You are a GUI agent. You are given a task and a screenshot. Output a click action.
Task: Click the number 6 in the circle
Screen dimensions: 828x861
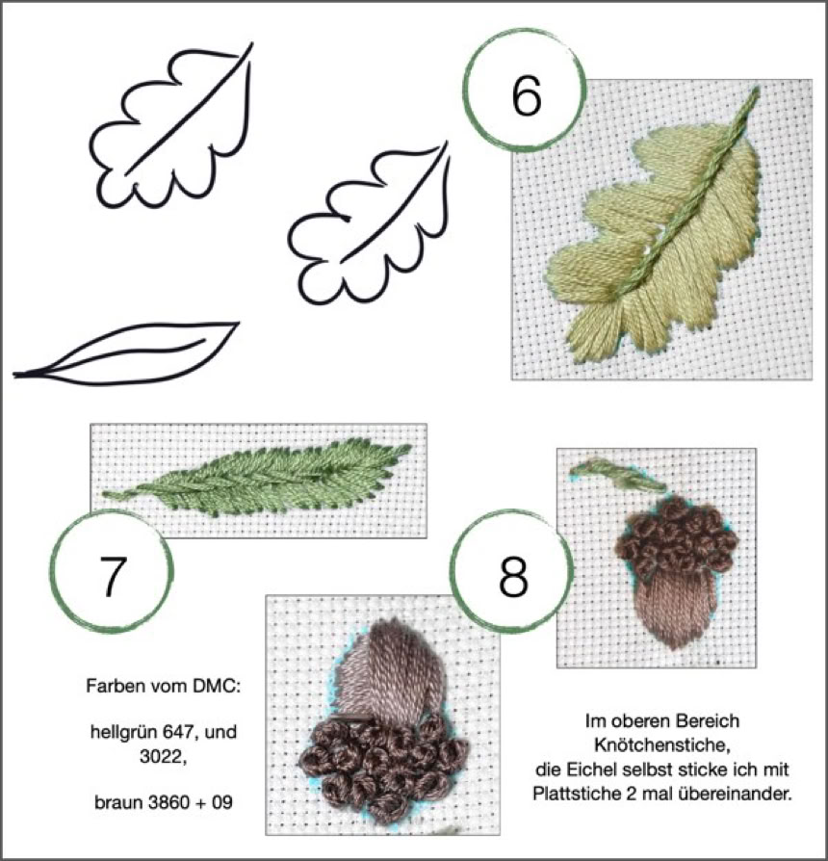526,95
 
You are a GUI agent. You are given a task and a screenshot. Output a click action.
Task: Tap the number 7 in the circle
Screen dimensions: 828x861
115,576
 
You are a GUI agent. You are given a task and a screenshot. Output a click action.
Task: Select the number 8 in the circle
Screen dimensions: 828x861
513,576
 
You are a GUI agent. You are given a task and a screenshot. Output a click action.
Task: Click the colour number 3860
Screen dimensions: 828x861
168,802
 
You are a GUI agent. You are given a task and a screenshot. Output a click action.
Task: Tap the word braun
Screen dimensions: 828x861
118,802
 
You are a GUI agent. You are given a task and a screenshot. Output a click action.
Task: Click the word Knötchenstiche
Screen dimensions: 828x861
661,745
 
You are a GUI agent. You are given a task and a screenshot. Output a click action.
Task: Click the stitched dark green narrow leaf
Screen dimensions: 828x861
258,477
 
